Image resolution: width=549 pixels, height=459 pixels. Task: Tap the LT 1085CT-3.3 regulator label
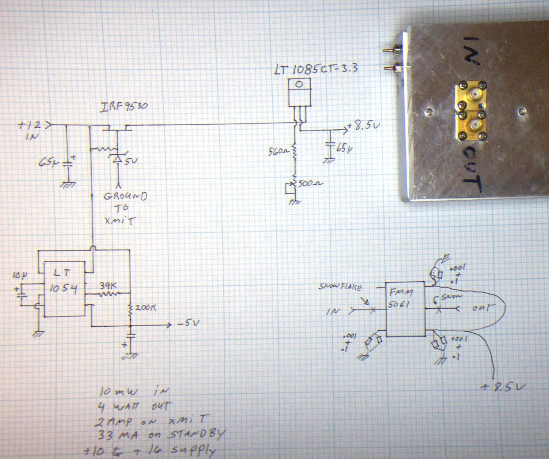coord(316,70)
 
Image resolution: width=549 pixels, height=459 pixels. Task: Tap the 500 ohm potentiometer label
coord(310,183)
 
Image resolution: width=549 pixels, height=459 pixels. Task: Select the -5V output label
coord(188,324)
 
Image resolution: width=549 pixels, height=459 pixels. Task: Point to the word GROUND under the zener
coord(125,197)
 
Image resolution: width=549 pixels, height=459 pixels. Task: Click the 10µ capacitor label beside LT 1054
coord(19,276)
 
